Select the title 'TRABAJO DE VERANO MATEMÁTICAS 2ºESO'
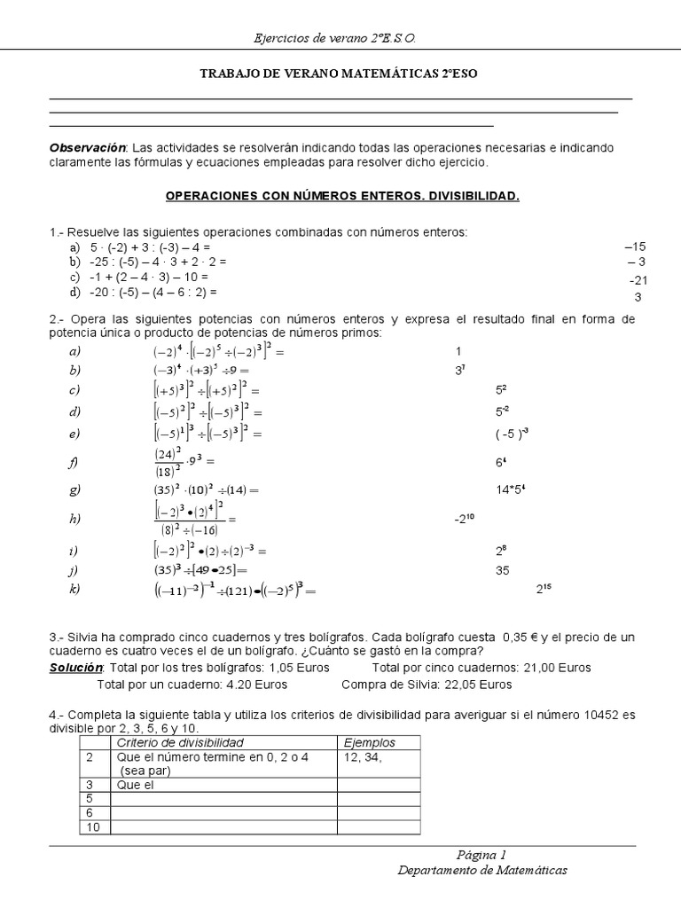[x=340, y=74]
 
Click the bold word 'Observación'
[x=89, y=147]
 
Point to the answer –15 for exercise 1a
[x=635, y=247]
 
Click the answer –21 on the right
[x=638, y=280]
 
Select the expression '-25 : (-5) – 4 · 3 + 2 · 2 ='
[x=158, y=262]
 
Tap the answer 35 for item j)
[x=503, y=570]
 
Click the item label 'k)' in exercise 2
[x=74, y=589]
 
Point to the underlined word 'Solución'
[x=76, y=668]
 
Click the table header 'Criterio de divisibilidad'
[x=180, y=742]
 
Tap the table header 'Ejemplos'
[x=369, y=742]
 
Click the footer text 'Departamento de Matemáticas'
[x=481, y=871]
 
